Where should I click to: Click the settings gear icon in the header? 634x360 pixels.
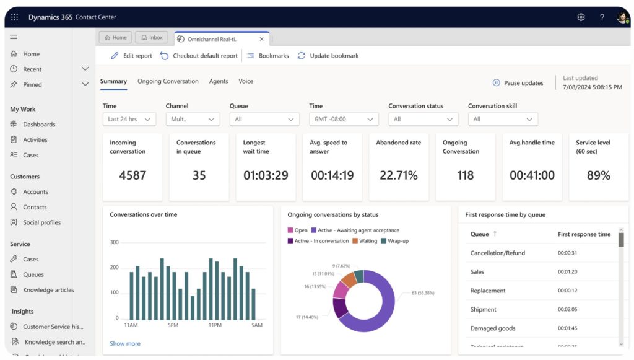point(581,17)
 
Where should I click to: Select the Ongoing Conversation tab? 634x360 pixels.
point(168,81)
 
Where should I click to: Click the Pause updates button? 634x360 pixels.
point(518,83)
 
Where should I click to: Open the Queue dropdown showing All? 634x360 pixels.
point(264,120)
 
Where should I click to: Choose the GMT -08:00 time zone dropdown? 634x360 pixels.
point(344,120)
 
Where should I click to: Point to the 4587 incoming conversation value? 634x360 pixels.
point(132,175)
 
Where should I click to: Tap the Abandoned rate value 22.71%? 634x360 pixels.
point(399,175)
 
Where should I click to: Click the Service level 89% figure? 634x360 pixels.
point(598,175)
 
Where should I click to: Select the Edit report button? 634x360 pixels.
point(131,56)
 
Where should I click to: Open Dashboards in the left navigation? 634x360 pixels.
point(39,125)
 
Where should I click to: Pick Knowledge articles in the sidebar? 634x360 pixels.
point(48,290)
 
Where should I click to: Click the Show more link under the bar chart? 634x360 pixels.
point(125,343)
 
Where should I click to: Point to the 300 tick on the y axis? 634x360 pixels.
point(114,242)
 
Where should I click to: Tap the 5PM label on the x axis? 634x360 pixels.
point(173,325)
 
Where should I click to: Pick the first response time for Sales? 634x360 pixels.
point(567,272)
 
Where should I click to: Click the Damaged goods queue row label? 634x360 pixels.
point(493,328)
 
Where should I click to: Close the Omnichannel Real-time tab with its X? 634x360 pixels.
point(261,38)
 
